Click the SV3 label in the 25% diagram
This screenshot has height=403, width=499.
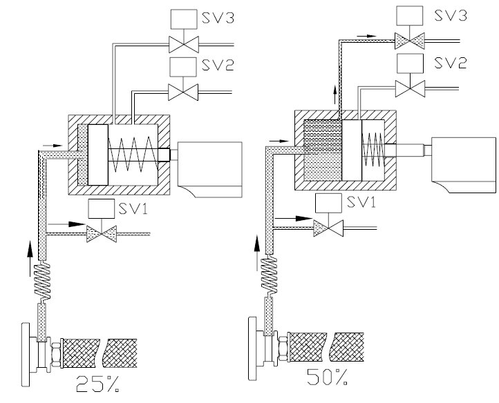(x=218, y=17)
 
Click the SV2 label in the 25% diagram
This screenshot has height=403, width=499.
(x=218, y=65)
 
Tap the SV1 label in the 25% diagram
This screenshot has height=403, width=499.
(x=133, y=208)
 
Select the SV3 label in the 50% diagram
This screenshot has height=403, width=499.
(x=451, y=14)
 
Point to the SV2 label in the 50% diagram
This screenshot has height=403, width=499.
(x=451, y=62)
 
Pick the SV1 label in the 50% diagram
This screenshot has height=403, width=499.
(x=361, y=201)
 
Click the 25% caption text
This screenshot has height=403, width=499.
(x=98, y=383)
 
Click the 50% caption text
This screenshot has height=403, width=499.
(x=328, y=377)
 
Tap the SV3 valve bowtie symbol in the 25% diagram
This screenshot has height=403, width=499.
(x=184, y=44)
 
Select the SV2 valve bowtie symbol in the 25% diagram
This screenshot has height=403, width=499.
(x=183, y=92)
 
